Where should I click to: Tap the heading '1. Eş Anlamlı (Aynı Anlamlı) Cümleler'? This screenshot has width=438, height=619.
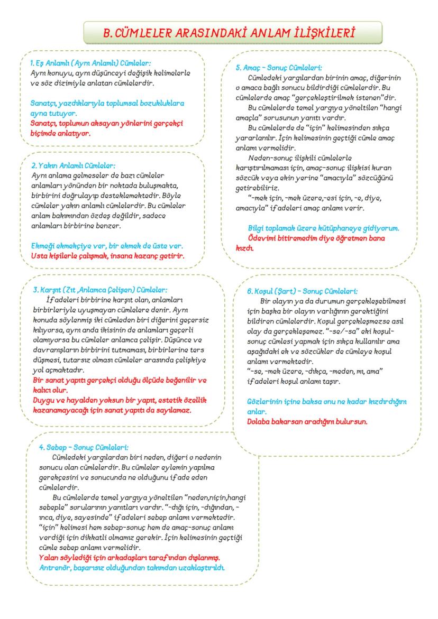[x=90, y=62]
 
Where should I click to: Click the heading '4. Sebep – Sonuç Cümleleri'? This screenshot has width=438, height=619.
[x=84, y=447]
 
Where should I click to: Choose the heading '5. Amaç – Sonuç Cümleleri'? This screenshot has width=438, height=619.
[x=279, y=68]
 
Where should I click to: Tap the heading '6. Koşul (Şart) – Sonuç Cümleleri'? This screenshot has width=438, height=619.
[x=302, y=291]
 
